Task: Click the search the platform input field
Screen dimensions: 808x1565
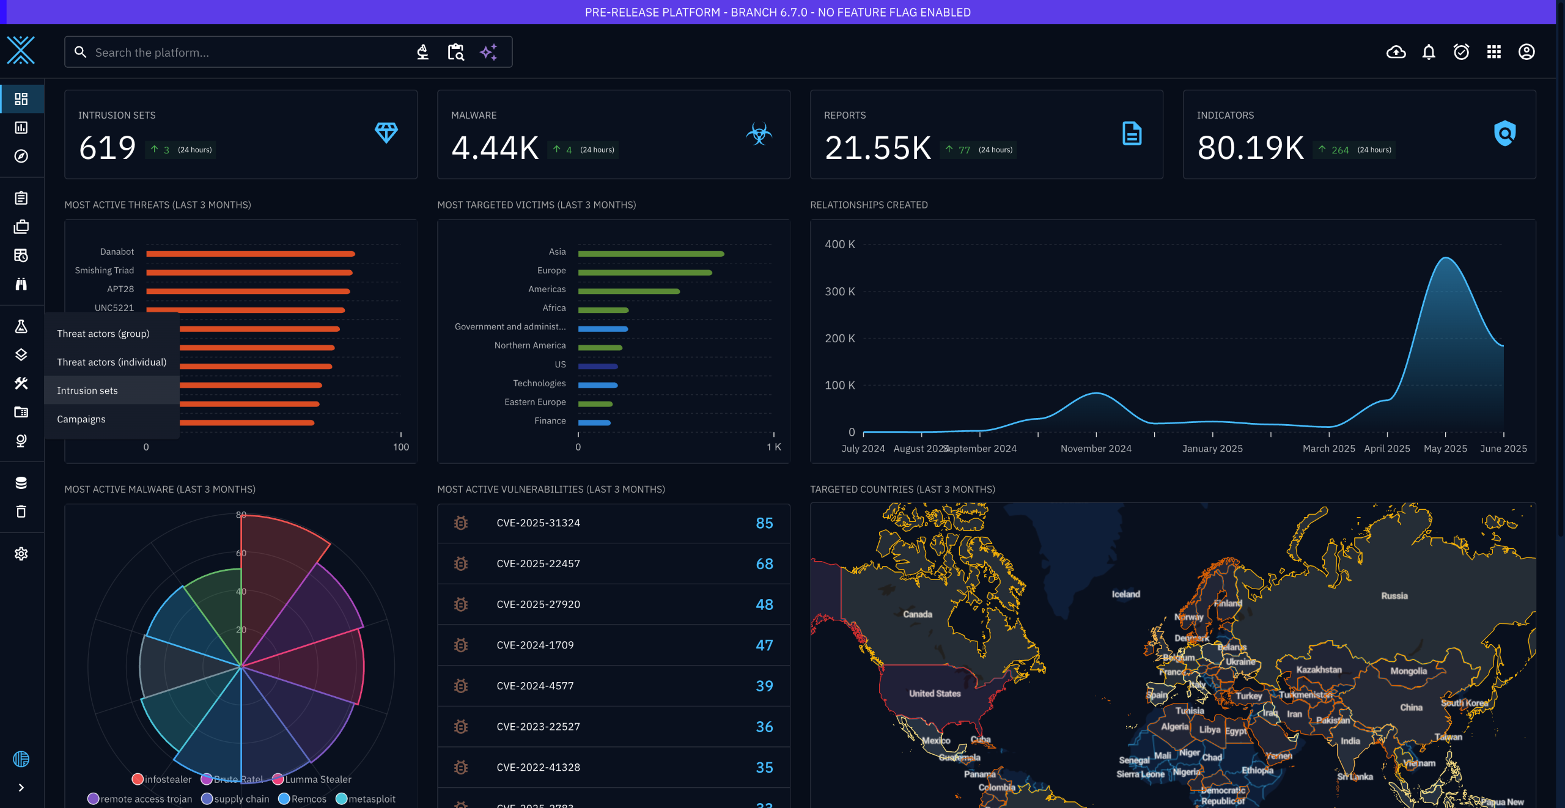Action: (245, 53)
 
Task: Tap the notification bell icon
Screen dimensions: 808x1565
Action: (1428, 52)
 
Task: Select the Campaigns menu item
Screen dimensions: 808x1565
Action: (81, 419)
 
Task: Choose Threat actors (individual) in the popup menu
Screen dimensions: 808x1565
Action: (111, 362)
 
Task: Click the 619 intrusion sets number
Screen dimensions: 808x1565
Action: (108, 148)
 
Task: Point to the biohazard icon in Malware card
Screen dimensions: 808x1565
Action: (759, 133)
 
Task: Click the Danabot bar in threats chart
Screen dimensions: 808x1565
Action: (251, 254)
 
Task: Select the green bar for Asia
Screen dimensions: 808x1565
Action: (650, 254)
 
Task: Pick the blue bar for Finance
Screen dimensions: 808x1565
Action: (594, 423)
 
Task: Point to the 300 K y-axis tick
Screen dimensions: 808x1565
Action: (839, 292)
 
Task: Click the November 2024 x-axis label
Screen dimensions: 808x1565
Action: (1095, 449)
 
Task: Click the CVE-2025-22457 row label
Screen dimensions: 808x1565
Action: (538, 564)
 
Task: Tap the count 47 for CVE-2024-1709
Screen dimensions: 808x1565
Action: (764, 645)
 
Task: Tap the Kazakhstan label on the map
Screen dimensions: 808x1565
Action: (1319, 670)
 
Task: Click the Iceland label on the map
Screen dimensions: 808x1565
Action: (1125, 594)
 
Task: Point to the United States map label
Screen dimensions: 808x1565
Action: (934, 694)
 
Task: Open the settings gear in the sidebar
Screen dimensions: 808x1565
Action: (21, 554)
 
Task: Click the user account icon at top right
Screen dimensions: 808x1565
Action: (1526, 52)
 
